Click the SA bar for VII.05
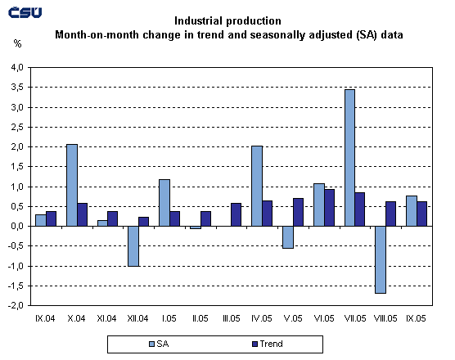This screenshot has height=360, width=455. tap(349, 158)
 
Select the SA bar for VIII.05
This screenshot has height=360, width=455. tap(381, 259)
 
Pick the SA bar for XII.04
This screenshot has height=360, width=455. tap(133, 246)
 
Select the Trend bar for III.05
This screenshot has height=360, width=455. tap(237, 214)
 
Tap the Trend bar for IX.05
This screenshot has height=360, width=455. tap(421, 214)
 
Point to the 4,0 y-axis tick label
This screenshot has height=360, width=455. tap(18, 68)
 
